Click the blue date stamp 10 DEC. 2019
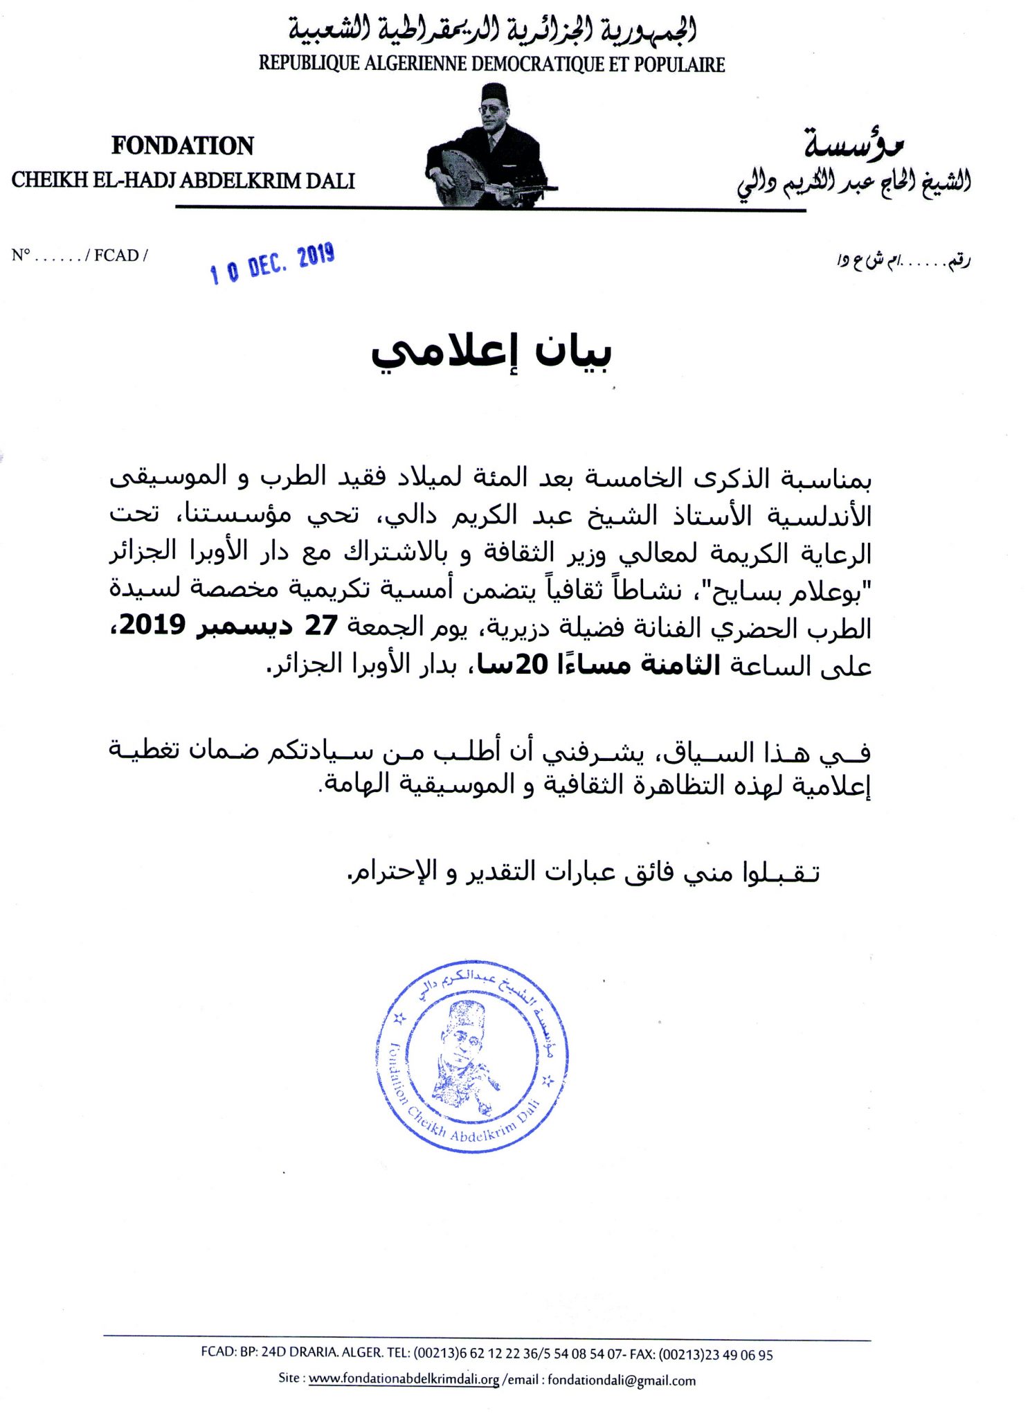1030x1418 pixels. pyautogui.click(x=273, y=263)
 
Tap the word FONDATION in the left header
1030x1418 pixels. pyautogui.click(x=183, y=145)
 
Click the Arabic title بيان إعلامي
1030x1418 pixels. pyautogui.click(x=491, y=352)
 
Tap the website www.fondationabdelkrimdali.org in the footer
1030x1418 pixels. pyautogui.click(x=404, y=1379)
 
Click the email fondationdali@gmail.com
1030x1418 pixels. pyautogui.click(x=622, y=1380)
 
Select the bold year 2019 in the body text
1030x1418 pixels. pyautogui.click(x=152, y=625)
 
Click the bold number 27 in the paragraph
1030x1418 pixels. pyautogui.click(x=321, y=625)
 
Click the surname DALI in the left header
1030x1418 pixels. pyautogui.click(x=330, y=181)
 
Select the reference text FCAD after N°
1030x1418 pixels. pyautogui.click(x=116, y=255)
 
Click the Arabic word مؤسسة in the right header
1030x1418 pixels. pyautogui.click(x=854, y=143)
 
